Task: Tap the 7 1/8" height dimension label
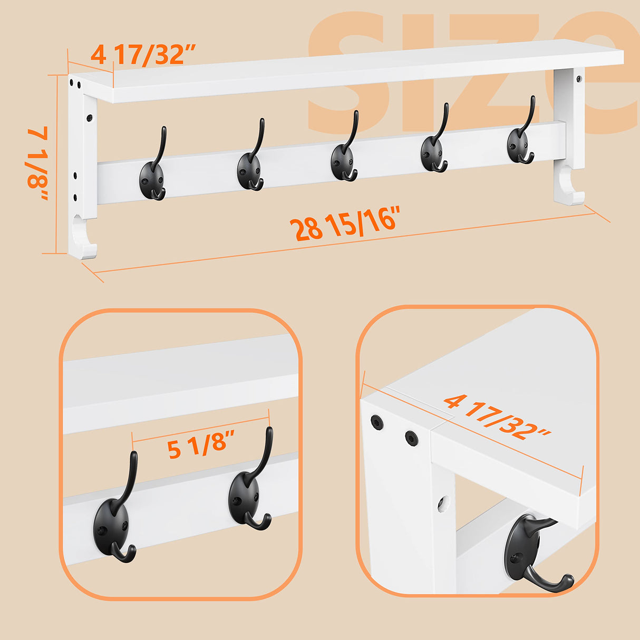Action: (x=38, y=163)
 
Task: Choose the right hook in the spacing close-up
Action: (x=248, y=493)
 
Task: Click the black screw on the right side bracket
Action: (x=579, y=79)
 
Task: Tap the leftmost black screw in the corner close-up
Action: (x=376, y=422)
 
